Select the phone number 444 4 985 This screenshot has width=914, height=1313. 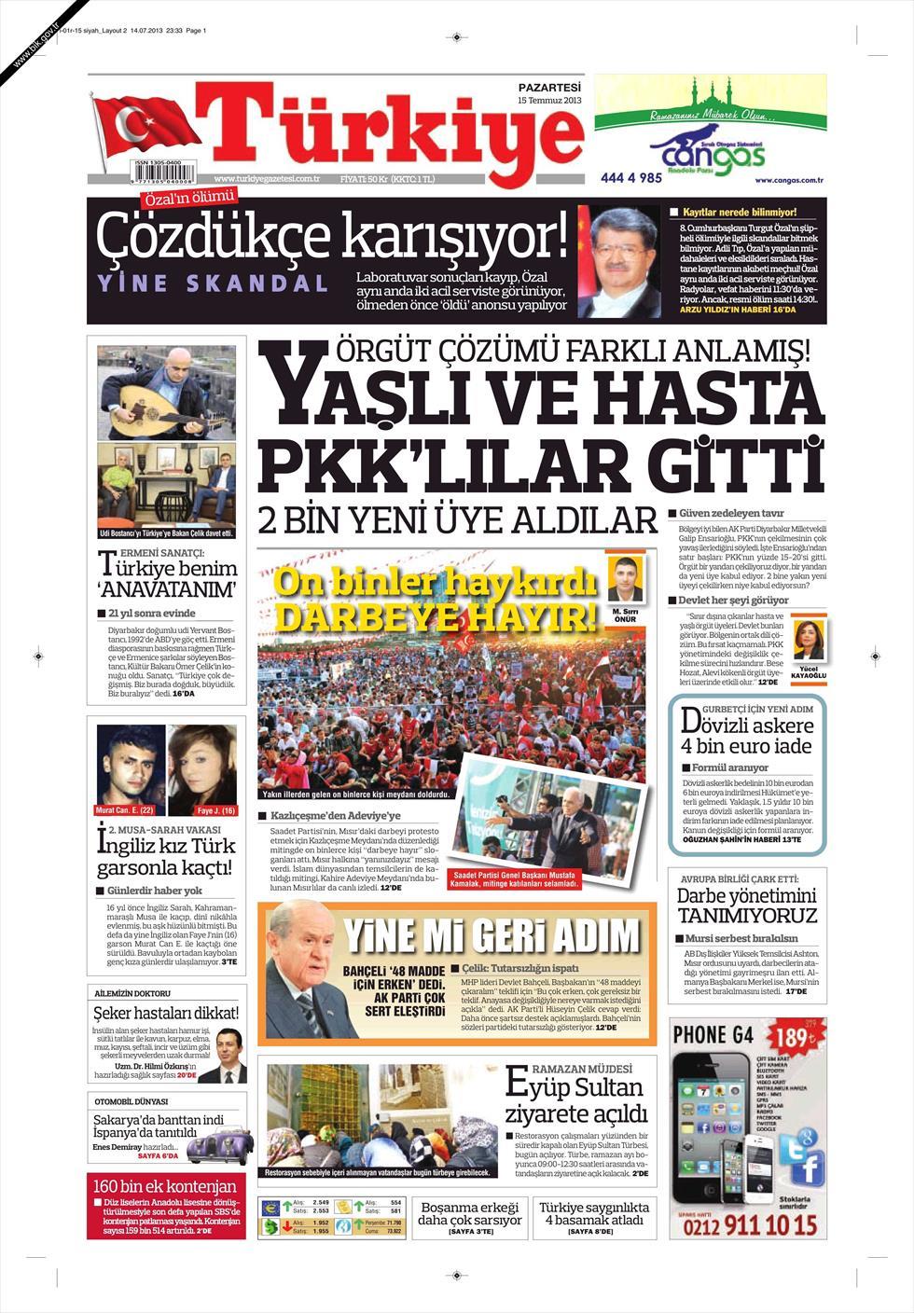631,177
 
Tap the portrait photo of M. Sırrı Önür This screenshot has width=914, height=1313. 624,581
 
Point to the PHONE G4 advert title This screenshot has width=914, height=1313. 713,1034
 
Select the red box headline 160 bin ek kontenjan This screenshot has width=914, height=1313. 165,1186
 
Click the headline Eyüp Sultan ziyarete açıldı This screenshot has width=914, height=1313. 575,1100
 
